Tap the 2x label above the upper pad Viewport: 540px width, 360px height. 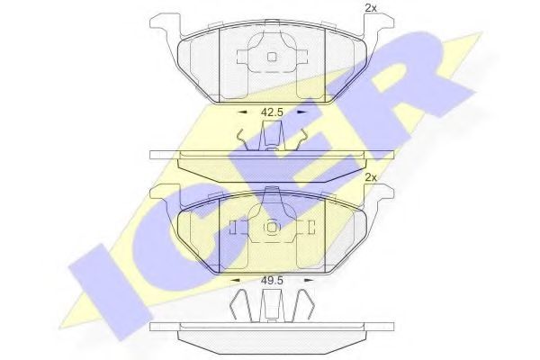click(x=369, y=9)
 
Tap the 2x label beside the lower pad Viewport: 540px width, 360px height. click(x=370, y=177)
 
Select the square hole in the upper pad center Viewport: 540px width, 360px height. click(x=271, y=58)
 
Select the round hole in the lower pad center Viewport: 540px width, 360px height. click(x=271, y=229)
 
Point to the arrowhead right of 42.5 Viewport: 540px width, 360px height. click(x=301, y=113)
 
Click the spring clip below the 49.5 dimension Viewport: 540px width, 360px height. click(x=271, y=306)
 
